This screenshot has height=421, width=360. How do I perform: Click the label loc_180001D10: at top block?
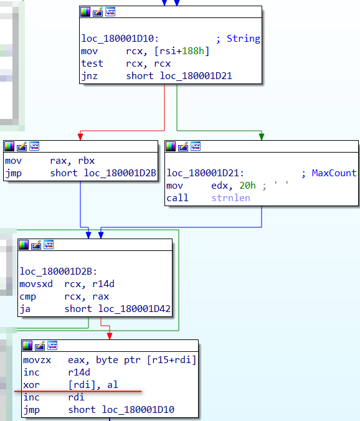tap(120, 39)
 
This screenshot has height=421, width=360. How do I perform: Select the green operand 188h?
tap(193, 50)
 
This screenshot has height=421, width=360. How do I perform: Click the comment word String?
tap(244, 39)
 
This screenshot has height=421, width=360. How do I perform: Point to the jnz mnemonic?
tap(90, 76)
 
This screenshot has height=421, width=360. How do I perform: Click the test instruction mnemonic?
tap(92, 64)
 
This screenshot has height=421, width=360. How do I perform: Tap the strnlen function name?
tap(230, 198)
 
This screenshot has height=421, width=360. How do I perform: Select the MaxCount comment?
tap(334, 173)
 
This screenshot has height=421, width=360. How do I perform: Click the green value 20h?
tap(247, 185)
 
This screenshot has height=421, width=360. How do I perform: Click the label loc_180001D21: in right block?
tap(205, 173)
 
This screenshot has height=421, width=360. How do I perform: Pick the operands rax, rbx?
tap(72, 161)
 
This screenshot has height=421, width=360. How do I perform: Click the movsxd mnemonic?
tap(36, 284)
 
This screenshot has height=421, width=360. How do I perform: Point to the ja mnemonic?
tap(25, 309)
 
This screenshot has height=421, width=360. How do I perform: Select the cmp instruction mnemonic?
tap(27, 296)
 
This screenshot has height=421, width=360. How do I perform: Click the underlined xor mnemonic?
tap(31, 385)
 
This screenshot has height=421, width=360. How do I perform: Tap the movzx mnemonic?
tap(37, 360)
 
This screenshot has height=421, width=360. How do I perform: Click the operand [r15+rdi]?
tap(171, 360)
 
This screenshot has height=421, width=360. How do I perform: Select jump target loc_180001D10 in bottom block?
tap(138, 409)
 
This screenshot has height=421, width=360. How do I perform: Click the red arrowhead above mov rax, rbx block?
tap(80, 136)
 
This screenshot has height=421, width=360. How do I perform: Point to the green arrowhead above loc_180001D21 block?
tap(262, 136)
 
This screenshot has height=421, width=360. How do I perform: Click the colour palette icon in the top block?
tap(85, 12)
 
